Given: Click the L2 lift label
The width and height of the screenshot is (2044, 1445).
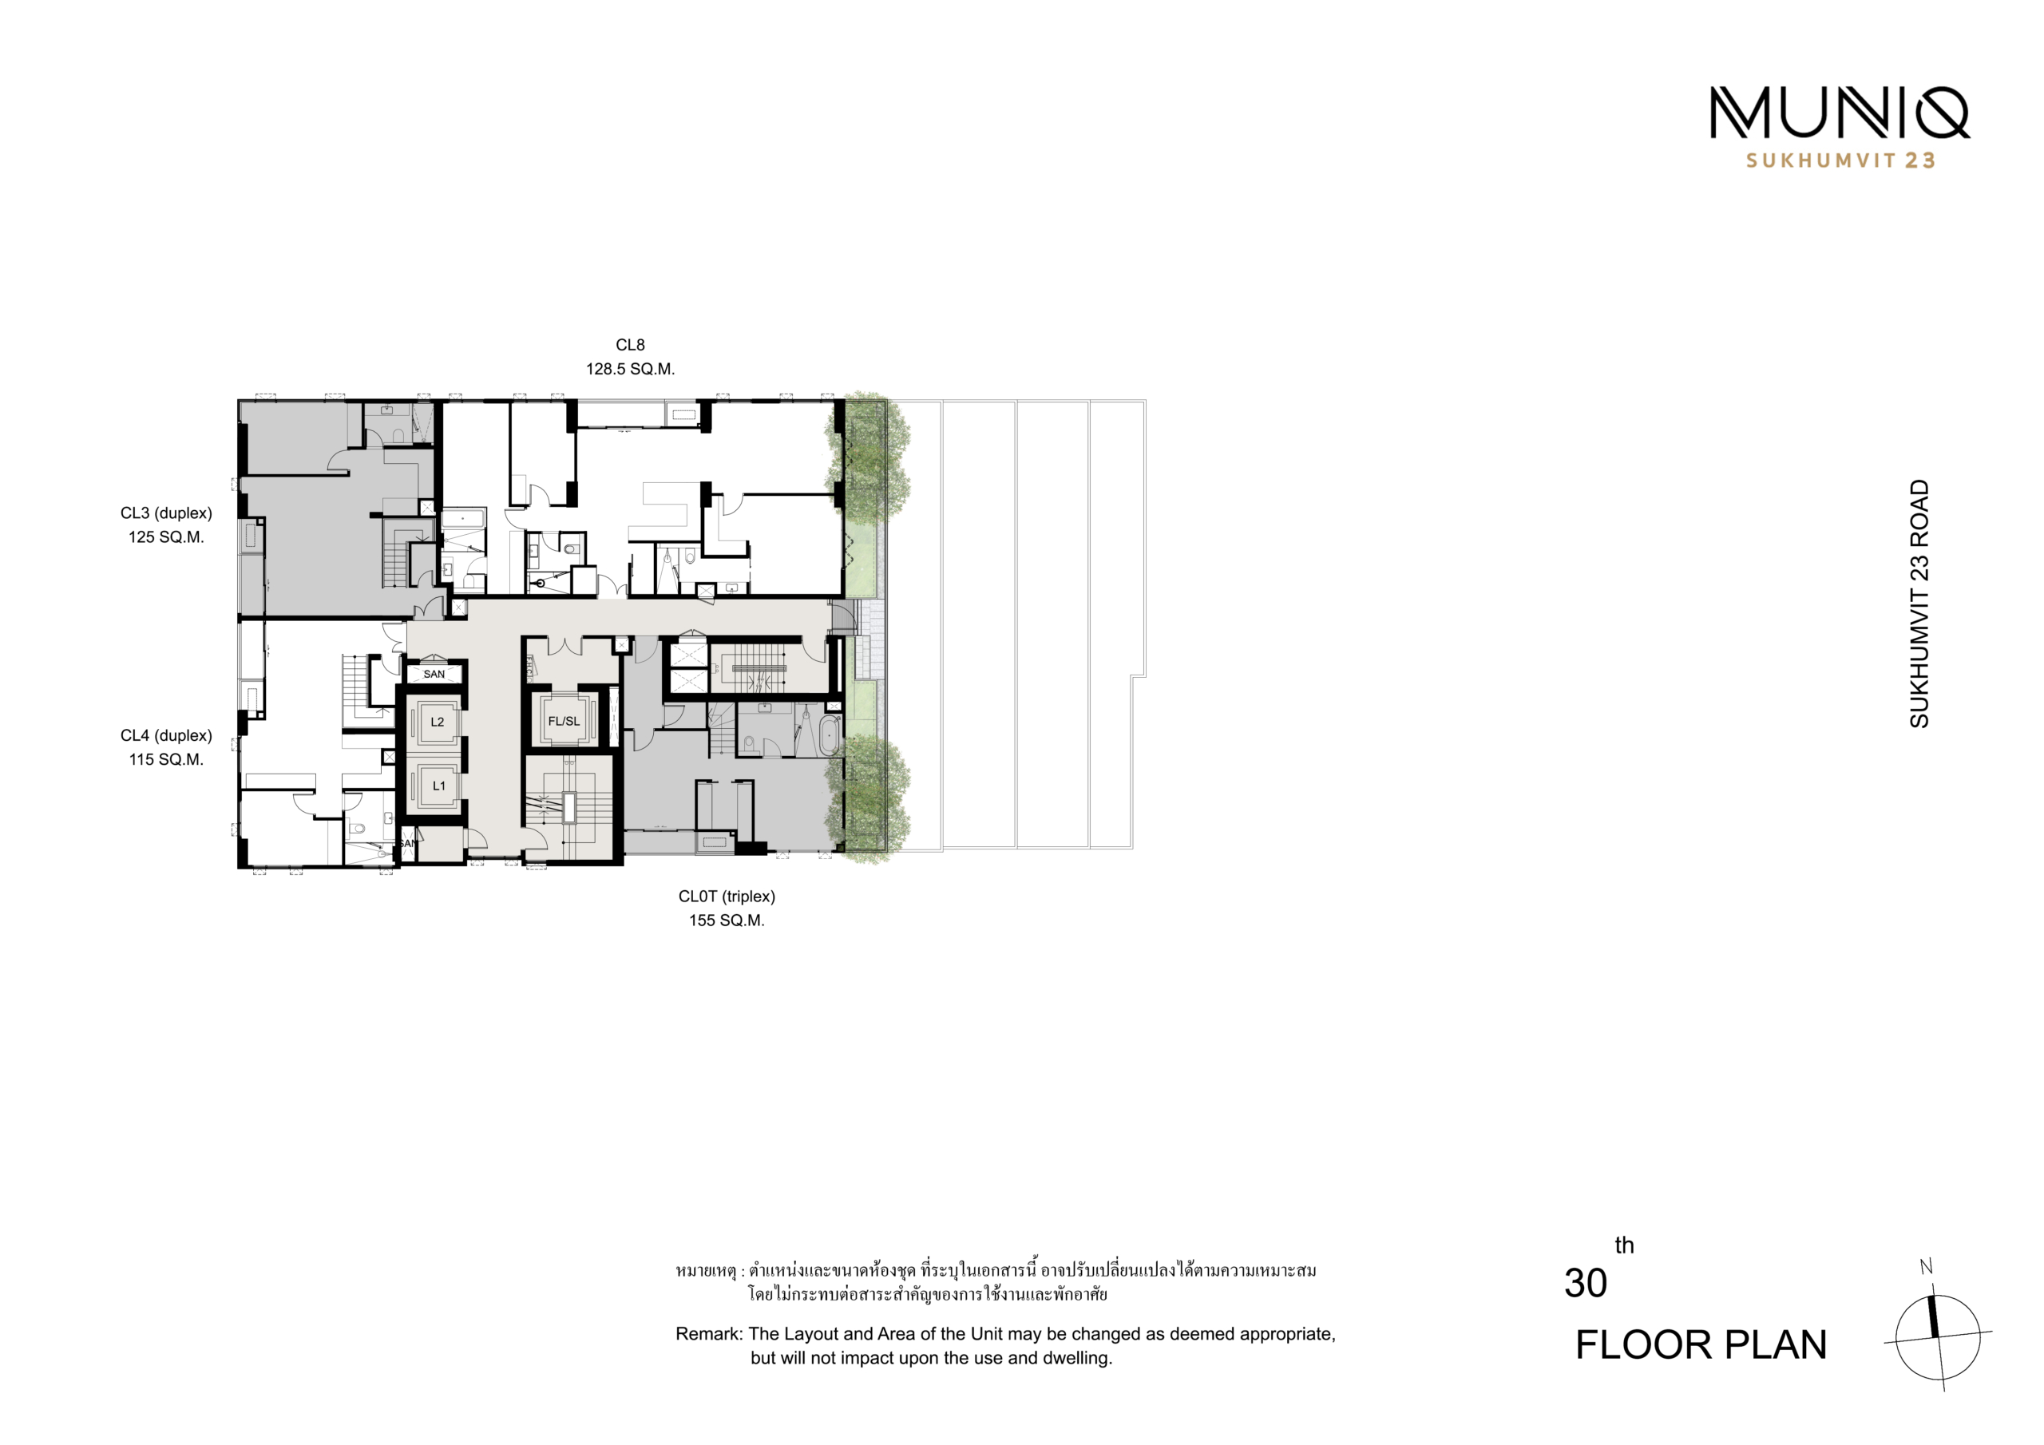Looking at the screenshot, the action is pyautogui.click(x=437, y=722).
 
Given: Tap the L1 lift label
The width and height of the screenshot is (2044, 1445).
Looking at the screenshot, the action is pyautogui.click(x=439, y=786).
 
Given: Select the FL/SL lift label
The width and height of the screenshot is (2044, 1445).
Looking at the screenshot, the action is pyautogui.click(x=564, y=721).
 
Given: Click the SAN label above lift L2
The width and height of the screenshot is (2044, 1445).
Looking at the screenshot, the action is pyautogui.click(x=434, y=674).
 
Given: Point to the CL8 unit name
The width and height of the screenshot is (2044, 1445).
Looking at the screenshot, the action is pyautogui.click(x=630, y=345).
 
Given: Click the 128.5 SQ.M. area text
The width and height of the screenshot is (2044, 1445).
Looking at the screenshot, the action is pyautogui.click(x=630, y=369).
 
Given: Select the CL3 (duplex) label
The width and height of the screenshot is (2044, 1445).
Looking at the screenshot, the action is pyautogui.click(x=167, y=513).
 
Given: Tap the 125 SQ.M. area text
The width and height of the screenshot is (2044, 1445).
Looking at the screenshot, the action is pyautogui.click(x=167, y=536).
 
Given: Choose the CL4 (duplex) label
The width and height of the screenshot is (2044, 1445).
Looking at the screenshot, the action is pyautogui.click(x=167, y=736).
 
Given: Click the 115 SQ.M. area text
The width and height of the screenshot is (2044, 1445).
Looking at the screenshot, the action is pyautogui.click(x=167, y=759).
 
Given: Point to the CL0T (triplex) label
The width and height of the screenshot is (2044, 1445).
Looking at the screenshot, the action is pyautogui.click(x=727, y=897).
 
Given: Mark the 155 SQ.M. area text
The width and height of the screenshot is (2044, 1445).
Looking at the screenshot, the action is pyautogui.click(x=727, y=920).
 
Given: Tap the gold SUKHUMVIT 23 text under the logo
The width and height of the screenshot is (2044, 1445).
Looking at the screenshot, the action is pyautogui.click(x=1840, y=160).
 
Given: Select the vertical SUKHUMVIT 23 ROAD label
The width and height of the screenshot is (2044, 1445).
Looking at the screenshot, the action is pyautogui.click(x=1919, y=604).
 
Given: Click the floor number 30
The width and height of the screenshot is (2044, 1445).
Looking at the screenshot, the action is pyautogui.click(x=1586, y=1283).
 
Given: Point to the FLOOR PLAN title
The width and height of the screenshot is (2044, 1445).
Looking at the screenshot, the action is pyautogui.click(x=1701, y=1344).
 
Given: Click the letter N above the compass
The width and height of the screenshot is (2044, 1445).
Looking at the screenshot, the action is pyautogui.click(x=1927, y=1267).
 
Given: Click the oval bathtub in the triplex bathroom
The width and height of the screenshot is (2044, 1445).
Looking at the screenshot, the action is pyautogui.click(x=830, y=735).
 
